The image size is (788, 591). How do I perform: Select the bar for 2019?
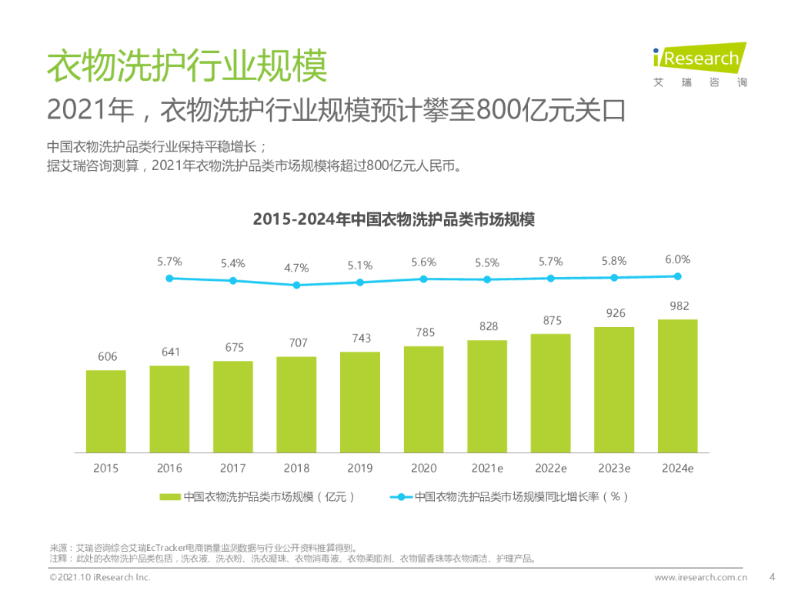[x=360, y=401]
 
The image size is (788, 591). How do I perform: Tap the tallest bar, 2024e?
[x=677, y=385]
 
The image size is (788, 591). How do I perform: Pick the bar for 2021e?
[x=487, y=396]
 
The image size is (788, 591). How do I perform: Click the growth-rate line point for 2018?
[x=296, y=285]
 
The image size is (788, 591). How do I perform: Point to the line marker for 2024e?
[x=678, y=275]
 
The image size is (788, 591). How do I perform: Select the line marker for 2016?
[x=169, y=278]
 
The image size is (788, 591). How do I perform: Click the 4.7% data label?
[x=296, y=269]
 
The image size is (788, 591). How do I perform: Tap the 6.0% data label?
[x=678, y=259]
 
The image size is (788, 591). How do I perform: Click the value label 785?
[x=424, y=332]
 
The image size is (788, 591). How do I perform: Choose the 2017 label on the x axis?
[x=232, y=468]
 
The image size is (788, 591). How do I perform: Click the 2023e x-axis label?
[x=615, y=468]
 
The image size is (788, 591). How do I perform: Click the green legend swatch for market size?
[x=170, y=497]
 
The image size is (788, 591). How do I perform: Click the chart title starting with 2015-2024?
[x=393, y=219]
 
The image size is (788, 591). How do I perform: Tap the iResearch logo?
[x=699, y=64]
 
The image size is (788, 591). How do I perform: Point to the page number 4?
[x=773, y=576]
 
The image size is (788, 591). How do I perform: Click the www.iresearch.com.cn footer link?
[x=700, y=577]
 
